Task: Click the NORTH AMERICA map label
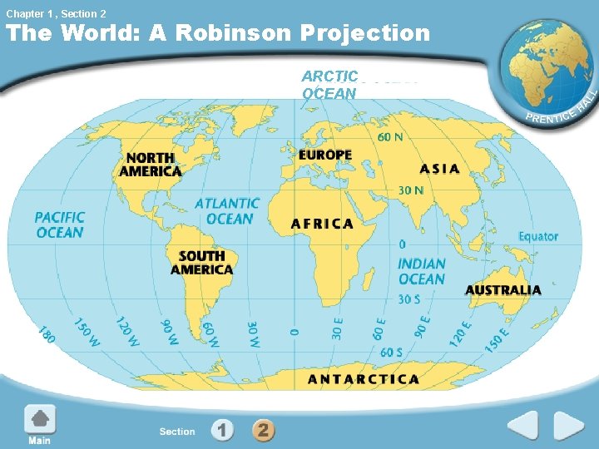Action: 150,165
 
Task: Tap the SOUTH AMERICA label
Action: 201,263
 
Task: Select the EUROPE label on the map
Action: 325,155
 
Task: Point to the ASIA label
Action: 439,169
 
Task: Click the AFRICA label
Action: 322,224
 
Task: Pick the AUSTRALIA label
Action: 502,290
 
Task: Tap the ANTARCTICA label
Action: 364,379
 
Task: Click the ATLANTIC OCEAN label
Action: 227,211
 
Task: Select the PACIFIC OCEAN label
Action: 60,224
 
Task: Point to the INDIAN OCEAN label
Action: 421,272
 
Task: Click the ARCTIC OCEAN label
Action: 330,85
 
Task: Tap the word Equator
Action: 538,236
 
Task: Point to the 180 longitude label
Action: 47,335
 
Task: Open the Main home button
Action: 39,424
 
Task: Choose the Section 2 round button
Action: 263,431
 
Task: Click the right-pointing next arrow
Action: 570,427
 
